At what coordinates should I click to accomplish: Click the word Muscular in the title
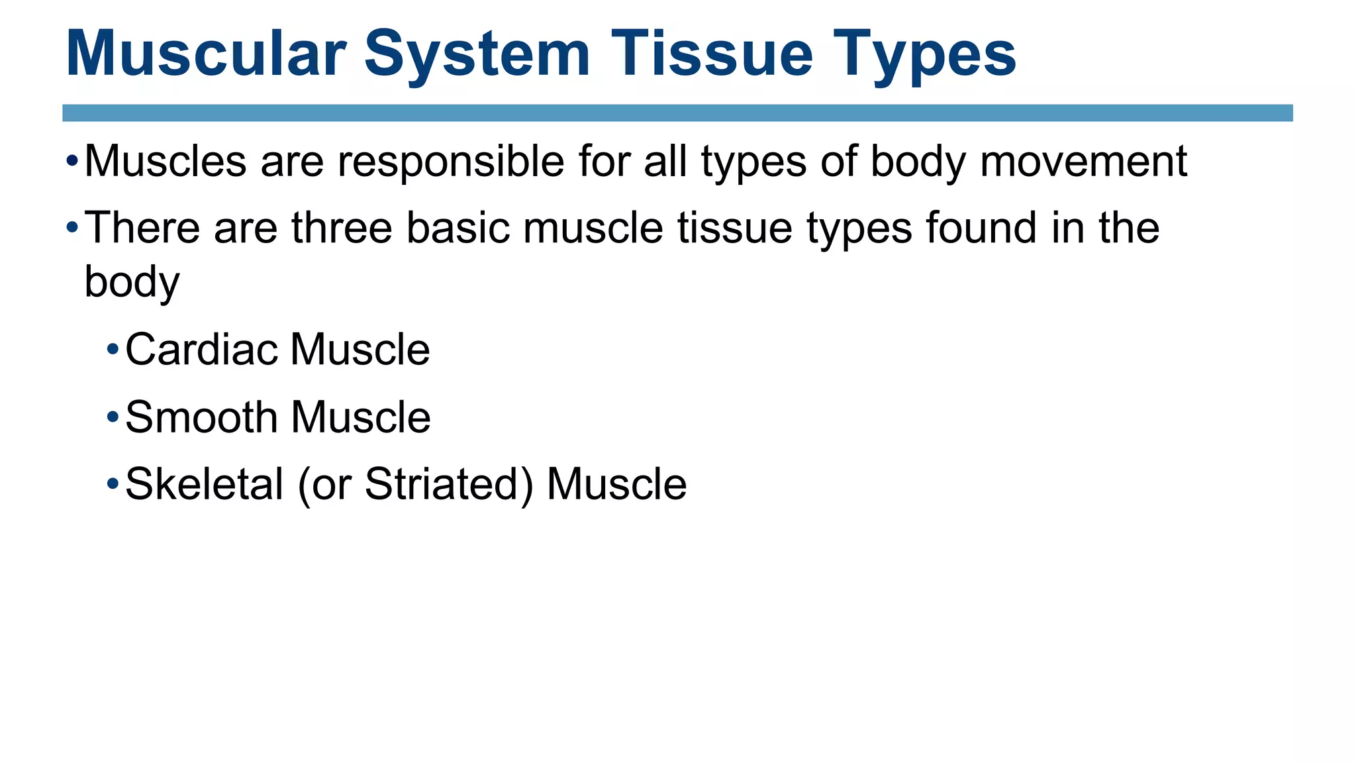point(206,54)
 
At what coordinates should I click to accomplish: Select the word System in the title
point(477,54)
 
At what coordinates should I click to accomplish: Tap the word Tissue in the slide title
point(712,54)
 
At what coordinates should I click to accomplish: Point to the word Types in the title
point(924,54)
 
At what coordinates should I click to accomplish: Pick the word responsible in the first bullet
point(450,161)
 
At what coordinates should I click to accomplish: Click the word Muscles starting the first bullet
point(166,161)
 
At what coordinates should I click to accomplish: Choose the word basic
point(458,229)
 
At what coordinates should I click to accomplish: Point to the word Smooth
point(201,417)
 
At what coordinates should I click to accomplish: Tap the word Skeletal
point(204,484)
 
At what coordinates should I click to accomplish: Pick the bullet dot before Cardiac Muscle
point(113,349)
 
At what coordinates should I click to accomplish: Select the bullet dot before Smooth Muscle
point(113,417)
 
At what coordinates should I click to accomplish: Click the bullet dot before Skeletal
point(113,483)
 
